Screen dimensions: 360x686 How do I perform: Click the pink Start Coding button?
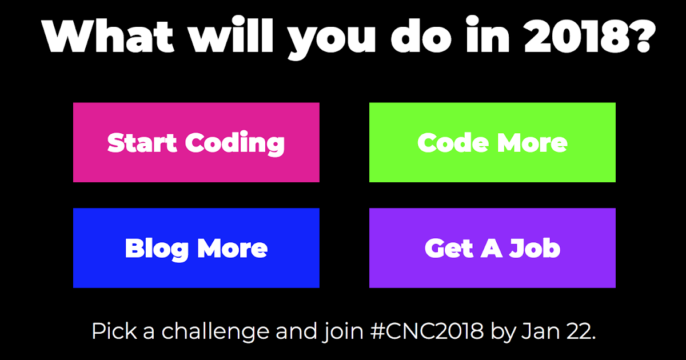point(196,142)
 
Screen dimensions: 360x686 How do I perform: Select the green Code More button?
point(492,142)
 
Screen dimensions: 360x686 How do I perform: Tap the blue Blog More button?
point(196,248)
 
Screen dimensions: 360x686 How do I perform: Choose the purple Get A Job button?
point(492,248)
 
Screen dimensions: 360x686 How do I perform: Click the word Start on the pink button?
point(142,143)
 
